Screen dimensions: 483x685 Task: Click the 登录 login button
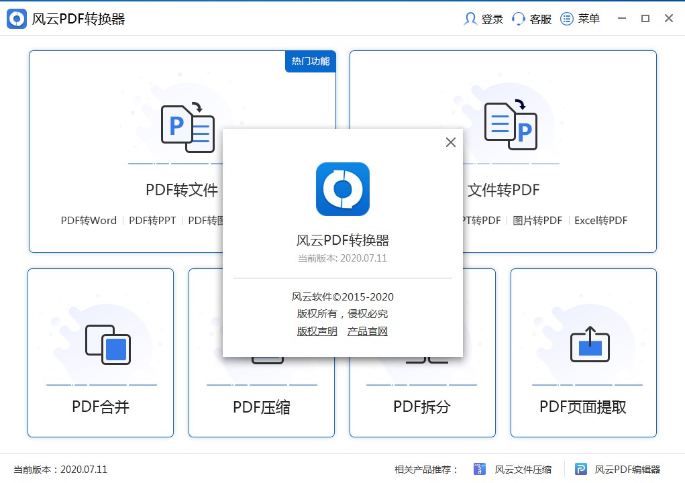click(484, 19)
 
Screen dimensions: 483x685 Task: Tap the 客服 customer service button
click(531, 19)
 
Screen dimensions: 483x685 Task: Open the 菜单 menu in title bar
click(580, 19)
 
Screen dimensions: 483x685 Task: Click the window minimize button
click(621, 19)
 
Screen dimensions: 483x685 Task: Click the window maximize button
click(645, 19)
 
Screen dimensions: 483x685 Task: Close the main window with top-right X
click(669, 19)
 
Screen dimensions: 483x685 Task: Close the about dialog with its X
click(451, 142)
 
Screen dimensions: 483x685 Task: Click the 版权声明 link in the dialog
click(317, 331)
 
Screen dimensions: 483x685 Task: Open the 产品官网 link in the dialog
click(368, 331)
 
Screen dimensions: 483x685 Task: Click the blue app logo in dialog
click(343, 189)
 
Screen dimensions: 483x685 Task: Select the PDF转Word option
click(89, 221)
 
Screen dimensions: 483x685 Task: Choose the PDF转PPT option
click(152, 221)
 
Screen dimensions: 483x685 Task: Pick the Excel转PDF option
click(600, 221)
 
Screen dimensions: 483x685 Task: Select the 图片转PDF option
click(537, 221)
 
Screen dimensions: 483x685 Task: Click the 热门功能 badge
click(311, 61)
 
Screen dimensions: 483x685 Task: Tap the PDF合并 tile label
click(101, 407)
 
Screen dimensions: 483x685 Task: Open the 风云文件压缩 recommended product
click(513, 470)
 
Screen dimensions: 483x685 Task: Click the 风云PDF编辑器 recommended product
click(618, 470)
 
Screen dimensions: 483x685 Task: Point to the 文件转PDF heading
click(503, 191)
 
